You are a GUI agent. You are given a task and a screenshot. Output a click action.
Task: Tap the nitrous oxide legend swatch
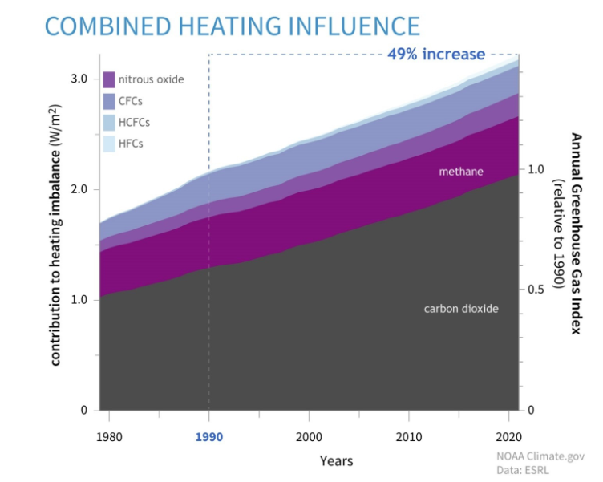(x=110, y=79)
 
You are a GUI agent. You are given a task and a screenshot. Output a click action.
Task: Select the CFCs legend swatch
(x=110, y=101)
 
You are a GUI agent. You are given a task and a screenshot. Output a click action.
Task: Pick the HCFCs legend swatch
(x=110, y=123)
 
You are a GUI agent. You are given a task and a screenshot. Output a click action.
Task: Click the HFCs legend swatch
(x=110, y=144)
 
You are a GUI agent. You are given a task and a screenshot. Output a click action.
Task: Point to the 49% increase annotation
(x=436, y=55)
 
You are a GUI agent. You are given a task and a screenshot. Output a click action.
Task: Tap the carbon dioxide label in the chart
(x=461, y=308)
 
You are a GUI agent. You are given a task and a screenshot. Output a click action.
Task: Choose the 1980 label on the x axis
(x=109, y=438)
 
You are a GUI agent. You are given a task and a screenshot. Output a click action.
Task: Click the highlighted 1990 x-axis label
(x=209, y=438)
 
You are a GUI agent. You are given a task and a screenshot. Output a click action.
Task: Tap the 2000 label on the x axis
(x=310, y=438)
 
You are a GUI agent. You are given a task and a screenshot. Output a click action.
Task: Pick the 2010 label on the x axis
(x=410, y=438)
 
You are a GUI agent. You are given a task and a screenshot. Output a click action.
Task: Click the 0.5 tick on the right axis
(x=537, y=290)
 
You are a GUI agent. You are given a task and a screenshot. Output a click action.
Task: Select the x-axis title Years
(x=336, y=461)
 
